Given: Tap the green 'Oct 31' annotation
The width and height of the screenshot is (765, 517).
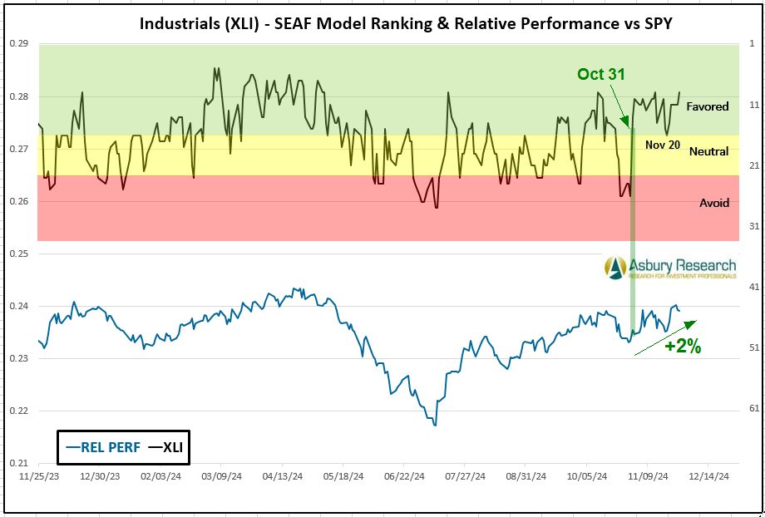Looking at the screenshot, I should [601, 75].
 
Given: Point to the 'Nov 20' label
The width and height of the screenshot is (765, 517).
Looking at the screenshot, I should [662, 145].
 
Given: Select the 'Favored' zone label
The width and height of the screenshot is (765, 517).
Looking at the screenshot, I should [707, 106].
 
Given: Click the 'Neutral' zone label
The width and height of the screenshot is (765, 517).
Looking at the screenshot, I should [708, 151].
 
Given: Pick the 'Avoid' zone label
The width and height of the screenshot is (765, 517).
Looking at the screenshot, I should [713, 203].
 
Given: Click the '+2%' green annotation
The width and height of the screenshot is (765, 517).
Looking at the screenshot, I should [683, 347].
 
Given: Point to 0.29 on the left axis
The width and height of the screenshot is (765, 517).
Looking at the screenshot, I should [18, 43].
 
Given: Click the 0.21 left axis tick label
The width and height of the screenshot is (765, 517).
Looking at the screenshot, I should [18, 463].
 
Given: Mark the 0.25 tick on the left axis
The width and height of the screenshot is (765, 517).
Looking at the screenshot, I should [18, 254].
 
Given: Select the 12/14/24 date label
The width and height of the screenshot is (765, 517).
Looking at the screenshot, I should [708, 477].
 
